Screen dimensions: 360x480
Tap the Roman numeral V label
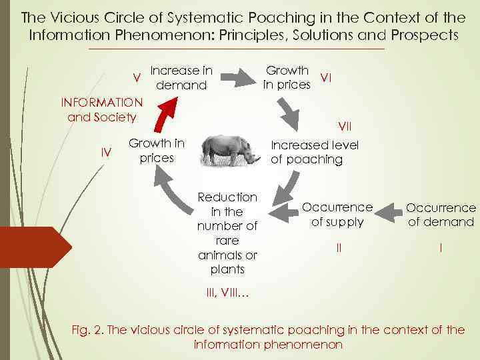click(137, 78)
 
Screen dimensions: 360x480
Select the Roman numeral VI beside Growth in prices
click(327, 77)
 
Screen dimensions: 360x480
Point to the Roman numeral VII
click(345, 126)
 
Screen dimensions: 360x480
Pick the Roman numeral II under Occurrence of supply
click(339, 247)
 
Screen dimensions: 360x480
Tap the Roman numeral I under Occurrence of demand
click(441, 247)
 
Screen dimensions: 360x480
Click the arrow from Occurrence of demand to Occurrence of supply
click(389, 213)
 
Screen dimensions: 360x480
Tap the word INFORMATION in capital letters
click(101, 103)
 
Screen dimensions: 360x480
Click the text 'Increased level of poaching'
click(315, 152)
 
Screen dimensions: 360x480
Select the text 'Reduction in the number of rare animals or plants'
click(227, 233)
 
